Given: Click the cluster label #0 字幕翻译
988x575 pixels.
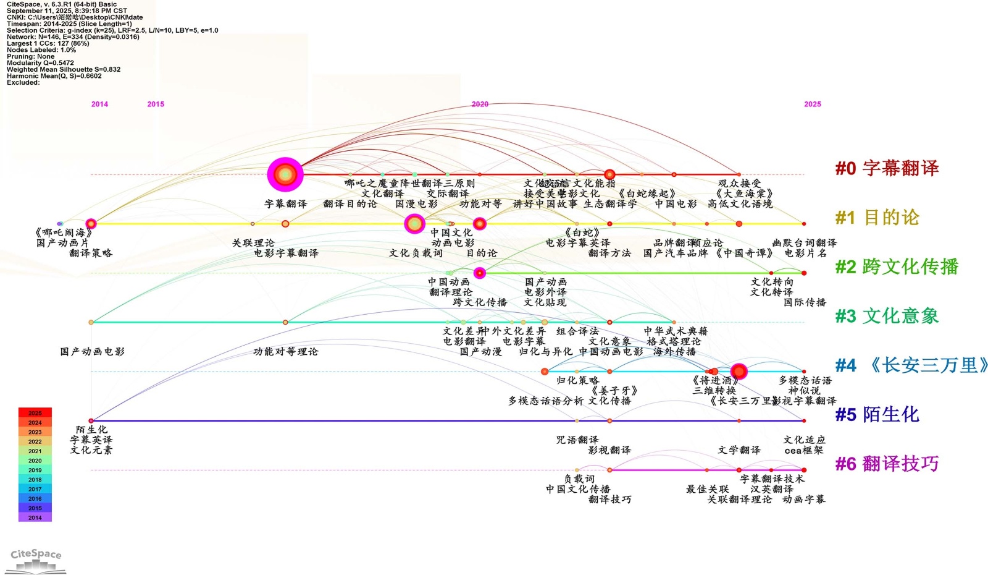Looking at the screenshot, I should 887,168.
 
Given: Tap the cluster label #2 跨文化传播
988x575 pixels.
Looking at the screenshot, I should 897,267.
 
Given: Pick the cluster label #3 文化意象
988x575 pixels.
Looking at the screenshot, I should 887,317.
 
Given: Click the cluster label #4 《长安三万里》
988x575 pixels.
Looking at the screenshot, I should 911,365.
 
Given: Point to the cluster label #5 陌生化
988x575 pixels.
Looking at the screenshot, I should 877,415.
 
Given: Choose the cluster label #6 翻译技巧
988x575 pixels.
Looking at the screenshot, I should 887,464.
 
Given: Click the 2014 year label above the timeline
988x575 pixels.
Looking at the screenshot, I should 99,104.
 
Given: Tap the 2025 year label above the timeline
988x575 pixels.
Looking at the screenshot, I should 813,104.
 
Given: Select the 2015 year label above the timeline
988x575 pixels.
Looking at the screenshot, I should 156,104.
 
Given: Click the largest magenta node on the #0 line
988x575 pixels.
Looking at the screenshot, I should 285,174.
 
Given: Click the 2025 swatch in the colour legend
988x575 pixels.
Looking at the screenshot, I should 35,413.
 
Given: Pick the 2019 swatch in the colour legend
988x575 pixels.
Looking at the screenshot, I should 35,470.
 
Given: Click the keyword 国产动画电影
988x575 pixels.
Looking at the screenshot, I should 92,352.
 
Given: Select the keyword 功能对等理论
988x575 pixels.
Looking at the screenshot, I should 285,352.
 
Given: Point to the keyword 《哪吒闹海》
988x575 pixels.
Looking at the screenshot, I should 64,233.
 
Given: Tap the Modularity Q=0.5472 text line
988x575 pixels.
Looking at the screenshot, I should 40,63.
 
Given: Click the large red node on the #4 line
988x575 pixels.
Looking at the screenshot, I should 739,372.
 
